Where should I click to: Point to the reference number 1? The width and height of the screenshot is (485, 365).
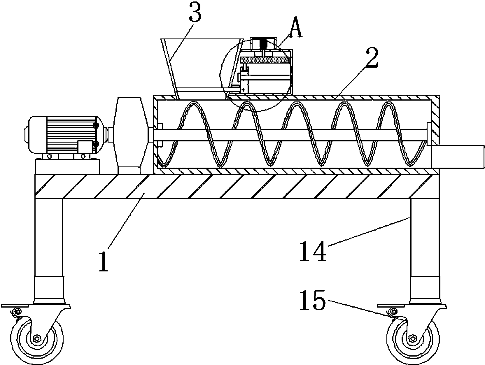[x=104, y=261]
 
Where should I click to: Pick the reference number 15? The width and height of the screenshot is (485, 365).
[x=313, y=300]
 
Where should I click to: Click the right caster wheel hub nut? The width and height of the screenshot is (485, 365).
[x=412, y=338]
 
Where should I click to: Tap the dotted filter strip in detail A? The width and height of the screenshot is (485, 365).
[x=265, y=60]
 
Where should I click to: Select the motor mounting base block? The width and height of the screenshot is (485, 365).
[x=67, y=167]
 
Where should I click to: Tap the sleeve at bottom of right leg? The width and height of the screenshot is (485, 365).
[x=425, y=289]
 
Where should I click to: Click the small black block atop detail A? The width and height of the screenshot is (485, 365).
[x=263, y=44]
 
